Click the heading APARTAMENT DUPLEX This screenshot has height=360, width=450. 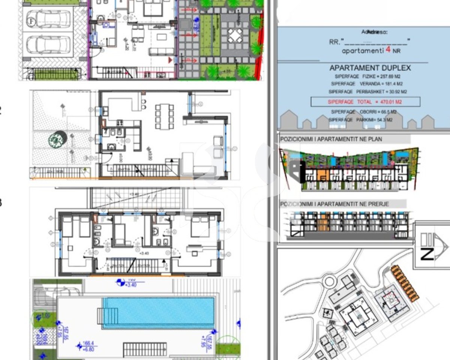coord(370,68)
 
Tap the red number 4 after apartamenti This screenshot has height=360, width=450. coord(387,50)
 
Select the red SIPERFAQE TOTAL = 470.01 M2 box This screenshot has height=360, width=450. coord(365,102)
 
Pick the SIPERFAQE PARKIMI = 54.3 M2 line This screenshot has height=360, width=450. coord(361,120)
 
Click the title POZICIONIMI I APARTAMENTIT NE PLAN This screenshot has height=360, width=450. coord(331,139)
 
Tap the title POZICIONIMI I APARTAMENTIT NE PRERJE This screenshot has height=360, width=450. coord(335,204)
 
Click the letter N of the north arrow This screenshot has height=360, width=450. coord(427,254)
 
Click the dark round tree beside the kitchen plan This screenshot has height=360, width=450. coord(58,140)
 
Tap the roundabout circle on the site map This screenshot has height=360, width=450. coord(330,281)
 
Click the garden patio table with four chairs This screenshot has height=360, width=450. coord(235,36)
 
